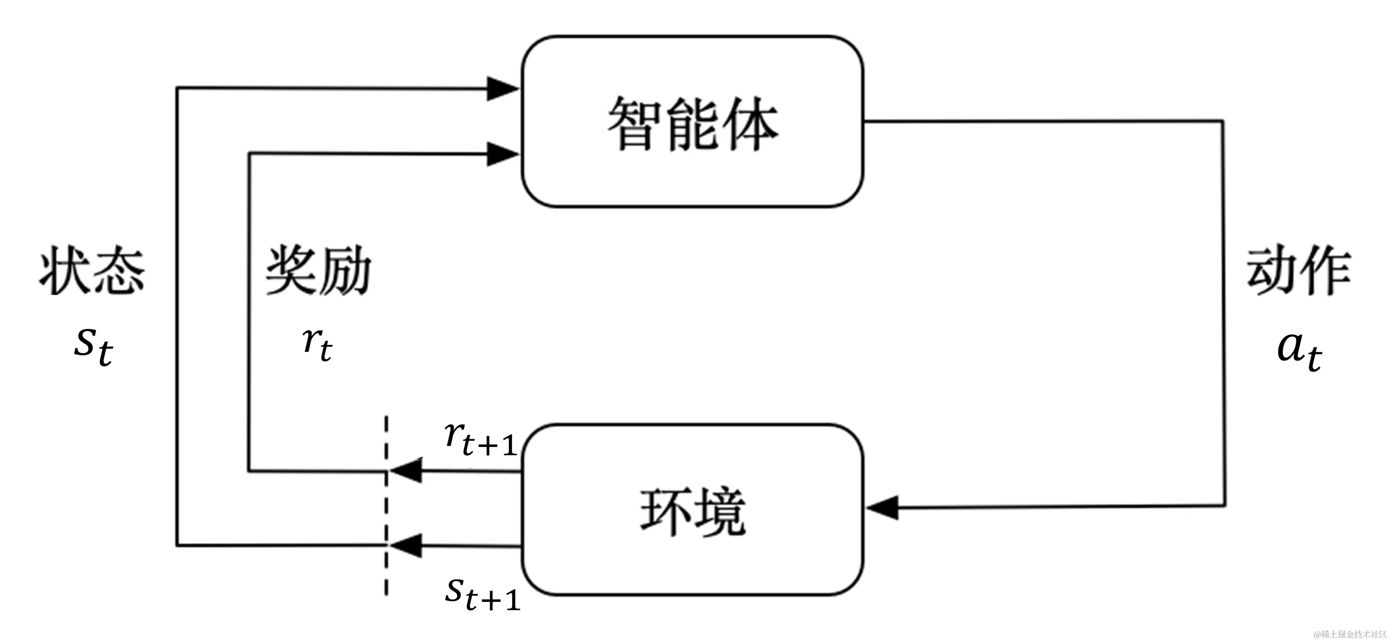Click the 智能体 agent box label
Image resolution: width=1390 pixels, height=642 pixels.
click(x=692, y=124)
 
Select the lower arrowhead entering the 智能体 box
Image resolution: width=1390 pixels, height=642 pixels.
click(x=502, y=155)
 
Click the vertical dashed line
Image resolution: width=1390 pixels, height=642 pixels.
click(x=387, y=508)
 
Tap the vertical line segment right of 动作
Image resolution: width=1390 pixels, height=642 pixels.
click(x=1224, y=313)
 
